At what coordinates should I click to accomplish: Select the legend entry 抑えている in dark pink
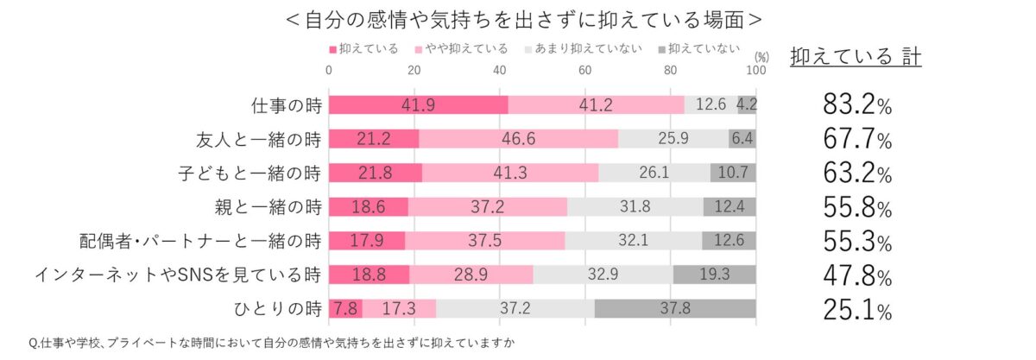point(363,48)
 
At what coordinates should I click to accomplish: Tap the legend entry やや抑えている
point(463,48)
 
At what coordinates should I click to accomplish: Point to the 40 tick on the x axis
point(500,70)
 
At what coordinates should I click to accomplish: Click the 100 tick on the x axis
point(755,70)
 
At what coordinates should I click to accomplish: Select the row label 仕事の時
point(286,105)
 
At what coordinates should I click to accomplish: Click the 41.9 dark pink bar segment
point(419,105)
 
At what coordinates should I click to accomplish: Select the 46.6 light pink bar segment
point(518,139)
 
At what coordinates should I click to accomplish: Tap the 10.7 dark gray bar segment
point(733,173)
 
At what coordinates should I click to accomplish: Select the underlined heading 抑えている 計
point(855,56)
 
